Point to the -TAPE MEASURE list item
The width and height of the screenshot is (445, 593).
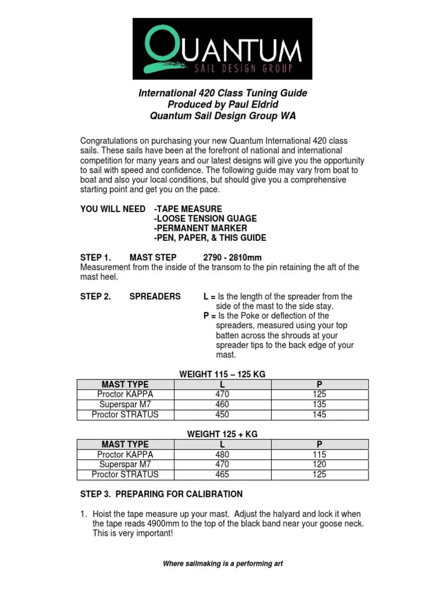click(188, 208)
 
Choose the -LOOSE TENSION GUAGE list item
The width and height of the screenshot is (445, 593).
click(205, 218)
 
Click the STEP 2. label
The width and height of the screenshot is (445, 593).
click(95, 296)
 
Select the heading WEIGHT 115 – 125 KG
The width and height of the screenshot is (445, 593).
click(222, 375)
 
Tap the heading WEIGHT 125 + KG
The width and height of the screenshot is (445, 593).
click(222, 434)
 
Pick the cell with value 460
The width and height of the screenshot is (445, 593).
click(222, 404)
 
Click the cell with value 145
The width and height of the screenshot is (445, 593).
click(319, 415)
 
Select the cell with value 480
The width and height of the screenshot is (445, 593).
click(222, 455)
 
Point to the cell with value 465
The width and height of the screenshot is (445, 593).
click(222, 474)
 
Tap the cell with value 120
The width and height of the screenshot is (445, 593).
click(319, 464)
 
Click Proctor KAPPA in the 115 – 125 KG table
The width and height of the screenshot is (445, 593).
click(125, 394)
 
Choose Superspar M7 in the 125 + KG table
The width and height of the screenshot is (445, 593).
click(125, 464)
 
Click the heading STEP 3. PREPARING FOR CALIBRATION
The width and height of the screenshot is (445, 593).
click(161, 494)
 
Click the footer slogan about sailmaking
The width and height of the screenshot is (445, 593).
click(222, 563)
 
